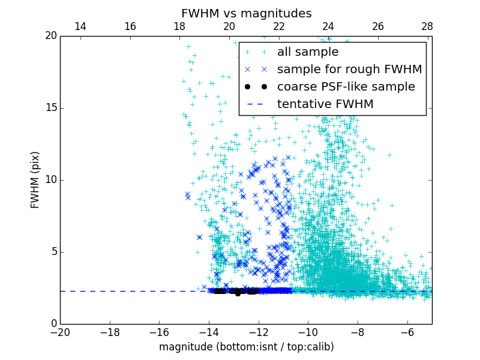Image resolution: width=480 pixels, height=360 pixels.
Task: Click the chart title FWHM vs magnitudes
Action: click(x=246, y=13)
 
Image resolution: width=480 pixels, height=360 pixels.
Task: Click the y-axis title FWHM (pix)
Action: click(x=35, y=179)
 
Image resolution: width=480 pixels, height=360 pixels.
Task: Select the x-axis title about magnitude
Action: click(x=246, y=347)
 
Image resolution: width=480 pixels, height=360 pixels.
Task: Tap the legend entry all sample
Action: click(x=307, y=52)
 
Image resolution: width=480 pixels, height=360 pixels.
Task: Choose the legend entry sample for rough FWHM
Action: click(x=349, y=70)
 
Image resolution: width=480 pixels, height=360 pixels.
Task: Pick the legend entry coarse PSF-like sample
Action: click(x=346, y=87)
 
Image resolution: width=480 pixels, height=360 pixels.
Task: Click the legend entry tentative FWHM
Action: click(x=325, y=104)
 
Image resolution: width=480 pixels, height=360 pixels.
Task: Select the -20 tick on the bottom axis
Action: click(x=60, y=332)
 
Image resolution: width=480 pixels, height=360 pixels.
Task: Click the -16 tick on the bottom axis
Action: click(x=159, y=332)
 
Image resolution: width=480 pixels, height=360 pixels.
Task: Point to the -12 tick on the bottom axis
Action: click(x=258, y=332)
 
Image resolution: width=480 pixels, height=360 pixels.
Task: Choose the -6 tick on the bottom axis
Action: click(x=407, y=332)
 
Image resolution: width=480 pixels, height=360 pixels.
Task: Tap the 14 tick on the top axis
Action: click(x=80, y=26)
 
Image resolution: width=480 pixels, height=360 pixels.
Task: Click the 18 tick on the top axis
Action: click(x=179, y=26)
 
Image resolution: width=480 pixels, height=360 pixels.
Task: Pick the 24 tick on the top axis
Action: click(x=328, y=26)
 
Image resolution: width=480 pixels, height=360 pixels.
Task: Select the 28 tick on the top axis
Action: click(x=427, y=26)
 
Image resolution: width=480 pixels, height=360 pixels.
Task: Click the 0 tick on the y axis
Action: click(x=53, y=324)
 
